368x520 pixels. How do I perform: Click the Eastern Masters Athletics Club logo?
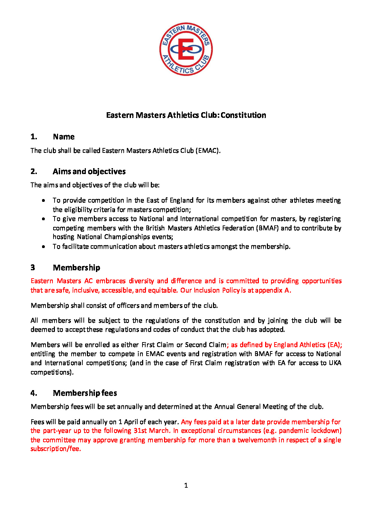pos(186,49)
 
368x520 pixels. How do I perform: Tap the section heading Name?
pos(64,137)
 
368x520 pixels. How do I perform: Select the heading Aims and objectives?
pos(89,171)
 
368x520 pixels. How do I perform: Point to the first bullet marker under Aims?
pos(43,200)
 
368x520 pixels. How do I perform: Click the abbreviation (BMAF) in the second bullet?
pos(267,228)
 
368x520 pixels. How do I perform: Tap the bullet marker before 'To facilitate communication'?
pos(43,247)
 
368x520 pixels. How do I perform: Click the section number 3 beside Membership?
pos(33,267)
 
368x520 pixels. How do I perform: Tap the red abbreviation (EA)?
pos(333,345)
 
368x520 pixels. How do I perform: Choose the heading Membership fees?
pos(85,393)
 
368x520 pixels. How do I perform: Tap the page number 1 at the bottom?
pos(186,485)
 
